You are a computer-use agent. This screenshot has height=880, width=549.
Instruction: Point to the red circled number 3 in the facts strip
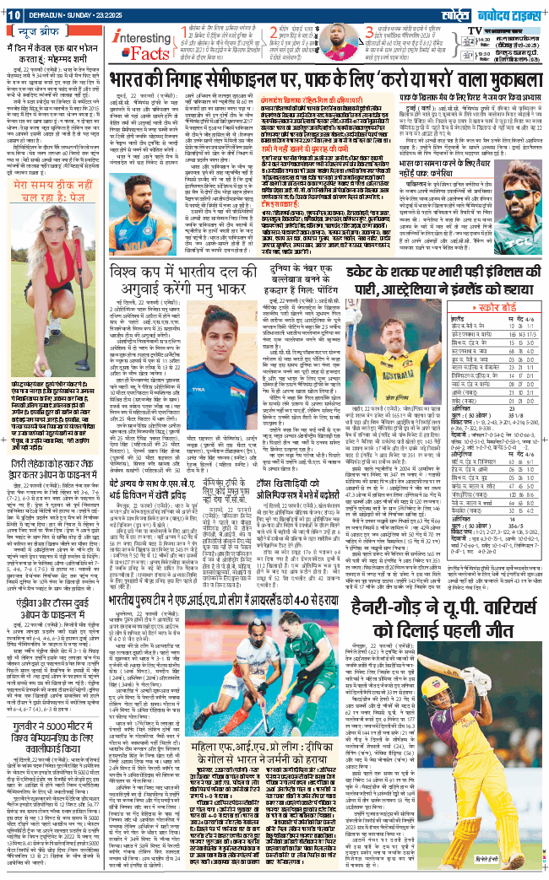[x=369, y=32]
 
